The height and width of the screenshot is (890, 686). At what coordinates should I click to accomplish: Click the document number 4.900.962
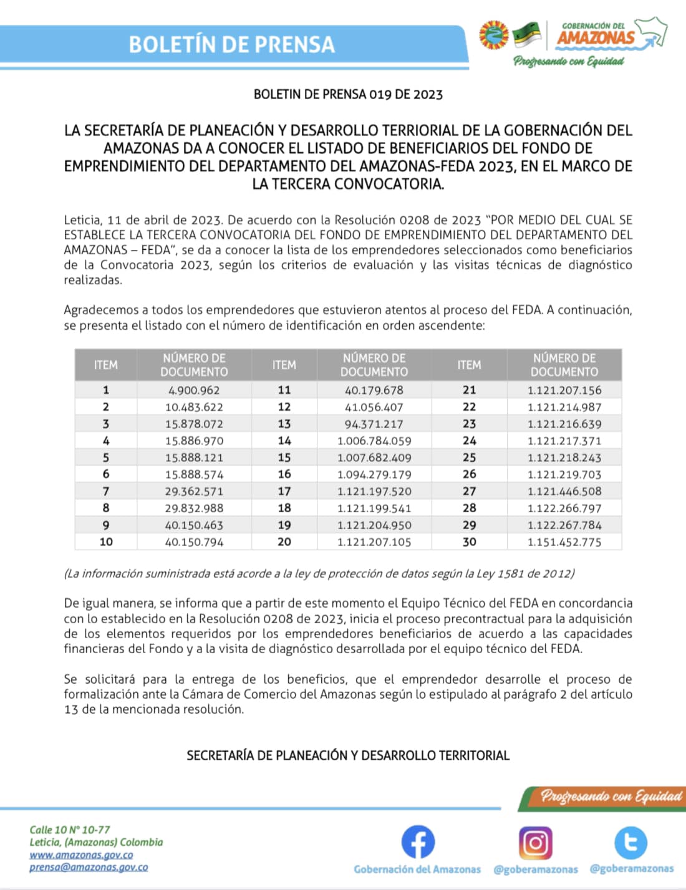tap(193, 390)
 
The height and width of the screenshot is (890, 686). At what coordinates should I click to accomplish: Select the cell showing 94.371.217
tap(374, 424)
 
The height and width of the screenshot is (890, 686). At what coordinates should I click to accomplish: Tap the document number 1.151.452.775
tap(564, 542)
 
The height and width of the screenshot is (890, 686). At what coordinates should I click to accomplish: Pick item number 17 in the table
tap(284, 491)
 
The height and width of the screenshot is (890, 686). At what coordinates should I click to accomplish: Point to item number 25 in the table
tap(469, 457)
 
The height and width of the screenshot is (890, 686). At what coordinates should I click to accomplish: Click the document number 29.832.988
tap(193, 509)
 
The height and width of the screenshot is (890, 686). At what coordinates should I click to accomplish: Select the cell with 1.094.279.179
tap(374, 474)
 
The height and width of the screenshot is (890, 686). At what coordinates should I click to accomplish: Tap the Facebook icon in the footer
tap(417, 842)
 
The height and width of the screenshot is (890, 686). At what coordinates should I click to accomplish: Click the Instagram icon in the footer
tap(535, 842)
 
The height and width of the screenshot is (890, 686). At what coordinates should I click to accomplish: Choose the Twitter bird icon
tap(630, 842)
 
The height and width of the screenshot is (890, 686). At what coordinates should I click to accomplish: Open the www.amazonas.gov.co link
tap(81, 855)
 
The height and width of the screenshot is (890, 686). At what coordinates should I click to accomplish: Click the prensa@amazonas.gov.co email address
tap(89, 867)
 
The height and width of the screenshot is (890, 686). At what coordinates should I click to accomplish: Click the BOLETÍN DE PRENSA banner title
tap(231, 45)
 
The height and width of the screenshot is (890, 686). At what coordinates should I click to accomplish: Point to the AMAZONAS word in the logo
tap(595, 38)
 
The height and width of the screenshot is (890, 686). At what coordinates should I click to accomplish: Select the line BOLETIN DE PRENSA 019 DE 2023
tap(348, 95)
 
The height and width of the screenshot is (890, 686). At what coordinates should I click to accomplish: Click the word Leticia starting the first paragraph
tap(82, 220)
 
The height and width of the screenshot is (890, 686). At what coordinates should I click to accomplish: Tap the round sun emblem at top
tap(494, 35)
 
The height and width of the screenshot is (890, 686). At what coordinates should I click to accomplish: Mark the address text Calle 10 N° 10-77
tap(69, 830)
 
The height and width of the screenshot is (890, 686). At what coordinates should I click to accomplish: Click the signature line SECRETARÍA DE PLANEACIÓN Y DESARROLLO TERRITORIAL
tap(348, 755)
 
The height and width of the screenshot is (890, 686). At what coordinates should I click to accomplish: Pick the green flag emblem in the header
tap(526, 35)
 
